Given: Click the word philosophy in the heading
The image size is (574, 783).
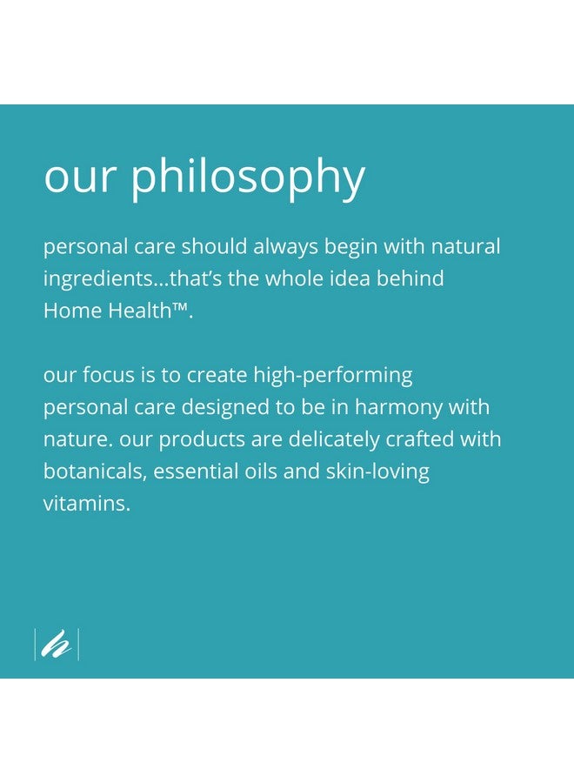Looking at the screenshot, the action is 248,177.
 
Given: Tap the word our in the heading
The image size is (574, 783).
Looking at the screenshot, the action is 80,177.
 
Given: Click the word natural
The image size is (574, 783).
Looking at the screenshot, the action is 465,247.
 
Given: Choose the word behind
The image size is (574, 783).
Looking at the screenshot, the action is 410,278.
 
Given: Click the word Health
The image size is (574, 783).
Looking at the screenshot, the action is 140,311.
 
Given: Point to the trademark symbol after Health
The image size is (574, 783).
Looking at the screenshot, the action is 180,306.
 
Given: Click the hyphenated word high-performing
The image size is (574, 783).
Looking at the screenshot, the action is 333,376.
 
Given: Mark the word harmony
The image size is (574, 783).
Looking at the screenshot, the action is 398,408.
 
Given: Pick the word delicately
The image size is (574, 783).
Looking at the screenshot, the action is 334,440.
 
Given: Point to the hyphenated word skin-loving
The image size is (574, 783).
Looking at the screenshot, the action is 377,472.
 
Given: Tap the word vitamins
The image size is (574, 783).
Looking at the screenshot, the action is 87,504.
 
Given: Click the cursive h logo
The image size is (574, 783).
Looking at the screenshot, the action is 56,644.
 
